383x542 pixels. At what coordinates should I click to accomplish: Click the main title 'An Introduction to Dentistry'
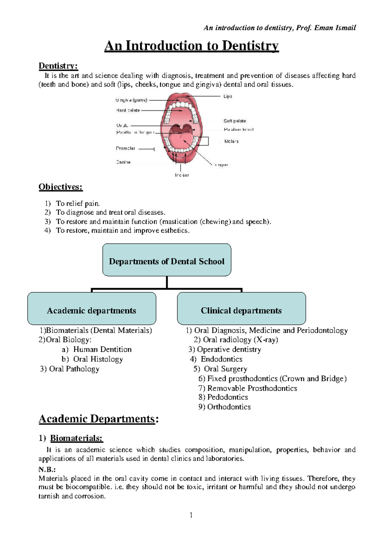click(x=191, y=46)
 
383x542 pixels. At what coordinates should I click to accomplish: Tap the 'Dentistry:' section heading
click(x=58, y=66)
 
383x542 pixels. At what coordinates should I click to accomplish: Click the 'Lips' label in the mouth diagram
click(x=228, y=96)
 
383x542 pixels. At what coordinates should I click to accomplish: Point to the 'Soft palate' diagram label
click(x=235, y=121)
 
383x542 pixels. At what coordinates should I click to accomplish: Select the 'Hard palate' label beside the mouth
click(x=128, y=110)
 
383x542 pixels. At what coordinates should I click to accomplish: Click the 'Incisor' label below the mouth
click(x=182, y=175)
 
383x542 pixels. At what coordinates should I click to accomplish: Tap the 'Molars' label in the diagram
click(x=231, y=141)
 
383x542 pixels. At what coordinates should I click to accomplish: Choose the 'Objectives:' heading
click(x=61, y=187)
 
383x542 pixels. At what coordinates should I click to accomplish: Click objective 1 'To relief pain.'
click(x=78, y=203)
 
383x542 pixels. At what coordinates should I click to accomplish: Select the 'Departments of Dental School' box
click(x=167, y=260)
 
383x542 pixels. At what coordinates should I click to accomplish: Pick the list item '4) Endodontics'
click(x=216, y=359)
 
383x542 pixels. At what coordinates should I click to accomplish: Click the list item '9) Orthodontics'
click(x=224, y=407)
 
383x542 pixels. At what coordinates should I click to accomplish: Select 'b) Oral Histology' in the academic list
click(x=92, y=359)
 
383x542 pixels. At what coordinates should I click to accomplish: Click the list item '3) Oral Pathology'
click(x=70, y=369)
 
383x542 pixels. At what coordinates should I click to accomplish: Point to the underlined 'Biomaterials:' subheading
click(x=76, y=438)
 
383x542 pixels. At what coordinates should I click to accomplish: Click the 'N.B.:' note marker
click(x=47, y=470)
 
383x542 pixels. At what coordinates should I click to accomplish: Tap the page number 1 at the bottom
click(x=191, y=515)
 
